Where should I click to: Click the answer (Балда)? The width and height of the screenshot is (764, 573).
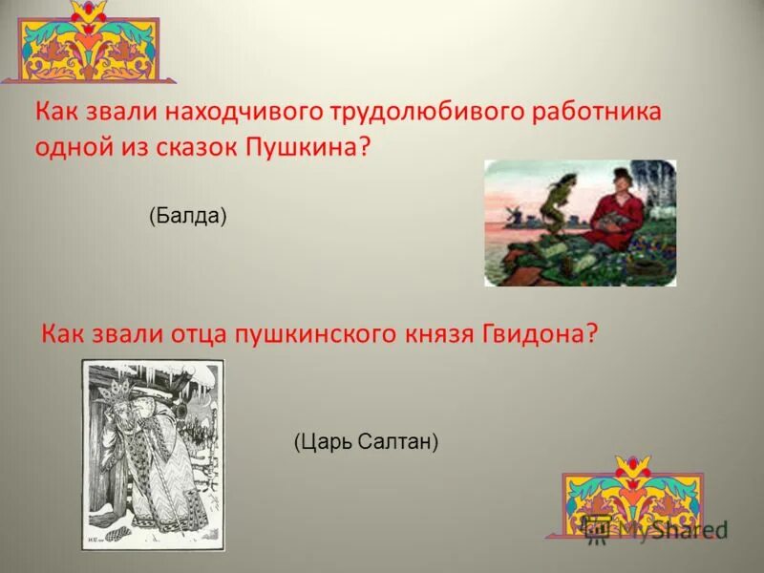pos(187,217)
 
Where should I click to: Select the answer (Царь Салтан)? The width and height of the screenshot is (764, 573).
pos(365,441)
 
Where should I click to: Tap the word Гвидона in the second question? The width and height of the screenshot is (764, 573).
pos(540,334)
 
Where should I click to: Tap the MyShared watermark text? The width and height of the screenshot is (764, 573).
pos(673,528)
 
